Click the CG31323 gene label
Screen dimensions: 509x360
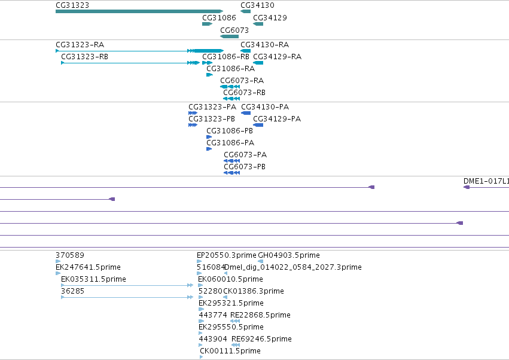[x=72, y=5]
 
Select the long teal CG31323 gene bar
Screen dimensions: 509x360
[x=139, y=11]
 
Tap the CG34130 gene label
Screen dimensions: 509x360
[x=257, y=5]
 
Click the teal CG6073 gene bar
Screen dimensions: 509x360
[x=230, y=36]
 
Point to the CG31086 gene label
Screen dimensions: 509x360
[x=219, y=17]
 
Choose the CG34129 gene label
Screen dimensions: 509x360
[x=270, y=17]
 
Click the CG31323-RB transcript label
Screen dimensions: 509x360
[x=85, y=56]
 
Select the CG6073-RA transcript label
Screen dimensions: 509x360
[x=242, y=81]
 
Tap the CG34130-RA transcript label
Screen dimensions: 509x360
[x=265, y=44]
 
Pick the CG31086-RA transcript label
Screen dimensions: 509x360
[x=231, y=69]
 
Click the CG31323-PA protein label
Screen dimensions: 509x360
[x=212, y=107]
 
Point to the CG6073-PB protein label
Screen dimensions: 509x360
[x=245, y=166]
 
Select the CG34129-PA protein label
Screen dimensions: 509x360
[x=277, y=119]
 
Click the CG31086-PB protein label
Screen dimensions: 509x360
[x=230, y=131]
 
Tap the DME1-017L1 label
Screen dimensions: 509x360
[x=486, y=181]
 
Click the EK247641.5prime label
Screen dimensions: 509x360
[x=89, y=267]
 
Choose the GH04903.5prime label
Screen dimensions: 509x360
[x=289, y=255]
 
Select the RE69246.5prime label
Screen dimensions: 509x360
[x=261, y=339]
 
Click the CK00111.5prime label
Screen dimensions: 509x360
[x=230, y=351]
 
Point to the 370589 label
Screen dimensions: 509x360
[x=70, y=255]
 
